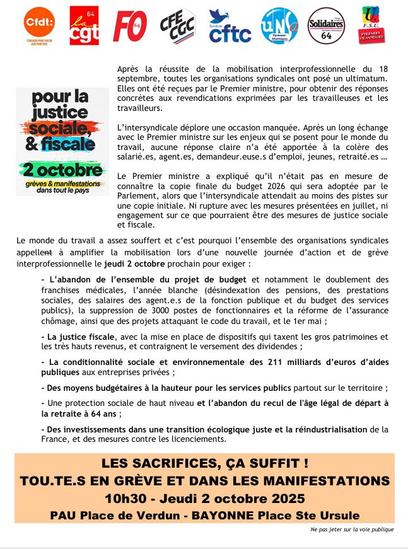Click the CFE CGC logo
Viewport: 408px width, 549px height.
pos(178,26)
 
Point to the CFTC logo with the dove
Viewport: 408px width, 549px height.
pos(230,27)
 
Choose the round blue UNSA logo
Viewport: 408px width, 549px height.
pos(279,26)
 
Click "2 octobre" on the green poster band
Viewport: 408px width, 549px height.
pos(62,170)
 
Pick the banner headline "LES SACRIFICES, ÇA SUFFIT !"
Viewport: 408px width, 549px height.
pos(205,464)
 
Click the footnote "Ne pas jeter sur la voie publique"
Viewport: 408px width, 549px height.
pos(353,530)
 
